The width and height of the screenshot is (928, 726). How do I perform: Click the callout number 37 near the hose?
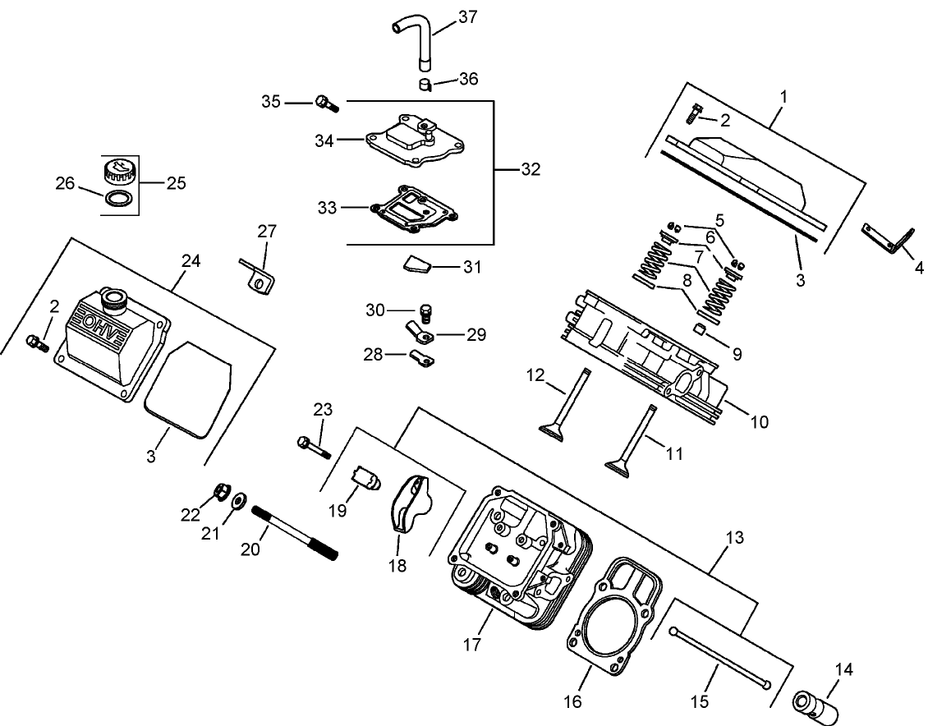click(x=466, y=16)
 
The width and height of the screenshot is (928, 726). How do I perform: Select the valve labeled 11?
click(x=634, y=439)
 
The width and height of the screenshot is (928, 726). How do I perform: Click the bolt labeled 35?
click(x=326, y=103)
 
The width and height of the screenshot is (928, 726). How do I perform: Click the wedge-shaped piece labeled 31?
click(x=416, y=264)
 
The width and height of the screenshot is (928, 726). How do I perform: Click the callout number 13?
click(x=734, y=539)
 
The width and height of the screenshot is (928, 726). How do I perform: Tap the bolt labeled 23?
click(x=312, y=448)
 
